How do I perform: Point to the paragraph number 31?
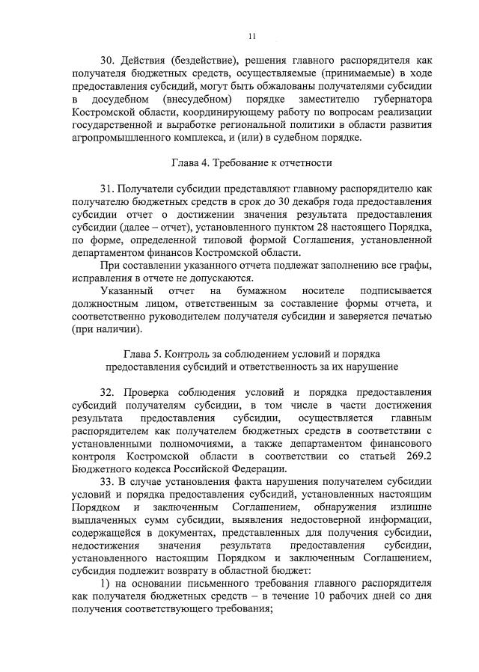click(x=108, y=188)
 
